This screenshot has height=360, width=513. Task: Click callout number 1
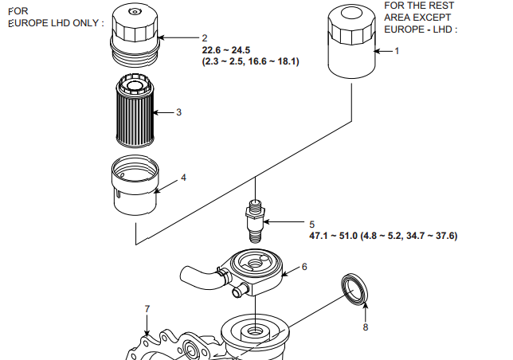397,51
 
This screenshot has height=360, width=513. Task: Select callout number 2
205,38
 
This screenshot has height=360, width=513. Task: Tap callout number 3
178,112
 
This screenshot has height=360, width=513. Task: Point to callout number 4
183,178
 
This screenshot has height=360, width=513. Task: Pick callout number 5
311,225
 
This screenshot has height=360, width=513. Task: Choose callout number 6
304,267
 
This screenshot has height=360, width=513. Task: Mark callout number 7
147,309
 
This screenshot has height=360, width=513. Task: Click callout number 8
366,327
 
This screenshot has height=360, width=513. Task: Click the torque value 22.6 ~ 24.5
226,50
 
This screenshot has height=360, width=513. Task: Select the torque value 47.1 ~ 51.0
334,236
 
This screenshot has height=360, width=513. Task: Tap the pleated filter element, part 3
135,111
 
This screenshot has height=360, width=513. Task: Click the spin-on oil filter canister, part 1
352,42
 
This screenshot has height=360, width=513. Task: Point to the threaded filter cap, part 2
135,36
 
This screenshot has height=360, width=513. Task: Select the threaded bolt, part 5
255,221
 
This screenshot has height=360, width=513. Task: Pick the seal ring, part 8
354,289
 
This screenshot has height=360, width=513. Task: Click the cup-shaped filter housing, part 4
135,185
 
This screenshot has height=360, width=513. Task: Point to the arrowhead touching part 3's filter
156,112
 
